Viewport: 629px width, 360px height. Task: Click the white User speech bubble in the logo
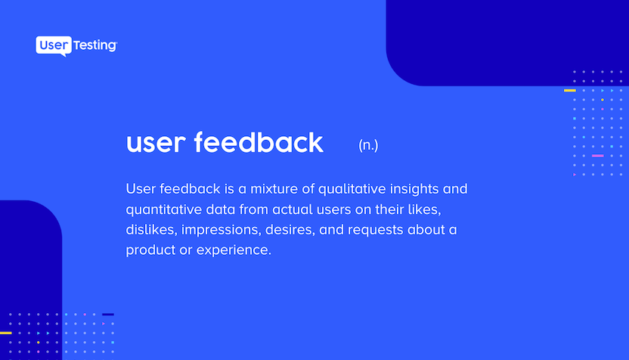point(54,45)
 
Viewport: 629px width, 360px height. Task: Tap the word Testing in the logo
point(95,45)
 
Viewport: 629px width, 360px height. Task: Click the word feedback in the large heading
point(259,142)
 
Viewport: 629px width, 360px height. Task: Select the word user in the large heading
point(156,144)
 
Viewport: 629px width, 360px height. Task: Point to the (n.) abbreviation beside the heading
point(368,145)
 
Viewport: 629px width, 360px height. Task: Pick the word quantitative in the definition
point(163,209)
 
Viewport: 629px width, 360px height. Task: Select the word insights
point(414,189)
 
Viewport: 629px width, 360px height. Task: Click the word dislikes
point(152,230)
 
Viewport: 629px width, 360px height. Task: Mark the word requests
point(376,231)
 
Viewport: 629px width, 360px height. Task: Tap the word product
point(150,250)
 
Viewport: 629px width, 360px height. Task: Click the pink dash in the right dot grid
point(598,156)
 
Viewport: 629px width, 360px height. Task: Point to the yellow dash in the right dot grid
point(570,90)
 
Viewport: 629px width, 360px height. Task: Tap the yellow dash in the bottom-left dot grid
point(6,333)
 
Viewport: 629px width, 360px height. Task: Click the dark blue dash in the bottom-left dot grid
point(108,315)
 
